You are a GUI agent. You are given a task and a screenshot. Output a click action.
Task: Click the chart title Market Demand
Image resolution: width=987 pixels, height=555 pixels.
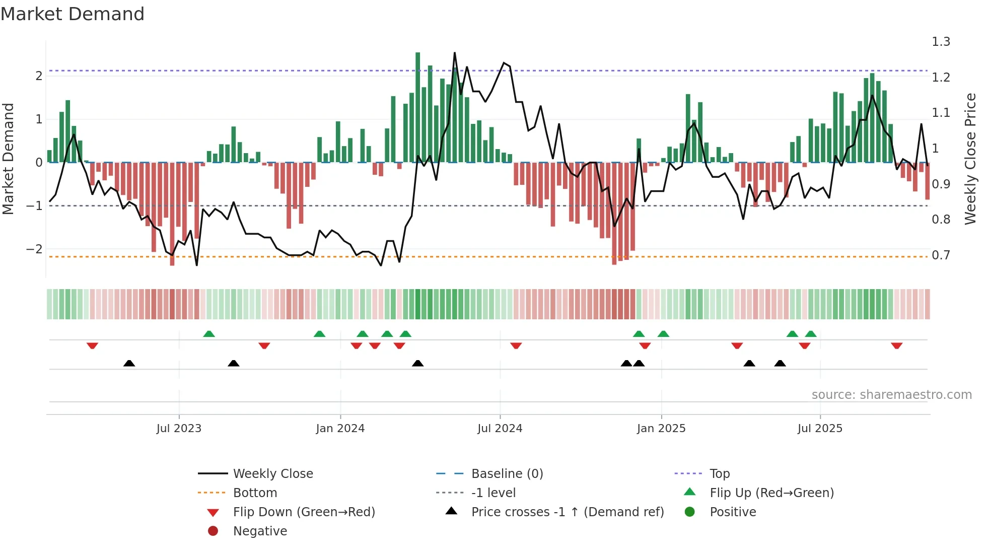[x=73, y=14]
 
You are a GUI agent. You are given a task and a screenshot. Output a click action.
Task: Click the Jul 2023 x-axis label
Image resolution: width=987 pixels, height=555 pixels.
[x=179, y=429]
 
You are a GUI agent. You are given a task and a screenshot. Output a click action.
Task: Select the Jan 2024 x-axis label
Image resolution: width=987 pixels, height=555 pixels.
[x=340, y=429]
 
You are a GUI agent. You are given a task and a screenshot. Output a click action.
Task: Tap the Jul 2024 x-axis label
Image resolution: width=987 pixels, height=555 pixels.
[x=500, y=429]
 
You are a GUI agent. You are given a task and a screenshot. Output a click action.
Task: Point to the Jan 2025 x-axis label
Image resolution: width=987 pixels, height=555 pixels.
[x=661, y=429]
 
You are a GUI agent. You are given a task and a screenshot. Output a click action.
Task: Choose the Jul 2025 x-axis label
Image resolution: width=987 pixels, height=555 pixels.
[x=820, y=429]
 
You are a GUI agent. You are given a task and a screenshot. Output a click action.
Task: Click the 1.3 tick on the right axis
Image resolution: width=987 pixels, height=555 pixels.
[x=941, y=42]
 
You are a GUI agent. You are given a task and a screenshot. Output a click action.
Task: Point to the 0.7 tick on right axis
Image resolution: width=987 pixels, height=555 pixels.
[x=941, y=255]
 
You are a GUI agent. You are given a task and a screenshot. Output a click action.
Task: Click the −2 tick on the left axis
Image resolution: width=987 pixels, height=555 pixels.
[x=34, y=249]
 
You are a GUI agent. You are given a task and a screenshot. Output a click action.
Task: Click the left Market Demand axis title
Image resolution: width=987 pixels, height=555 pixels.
[x=8, y=159]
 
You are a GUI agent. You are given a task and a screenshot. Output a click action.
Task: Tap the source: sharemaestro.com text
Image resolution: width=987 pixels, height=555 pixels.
[x=891, y=395]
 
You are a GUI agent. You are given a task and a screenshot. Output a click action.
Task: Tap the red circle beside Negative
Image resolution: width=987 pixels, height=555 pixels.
[x=213, y=531]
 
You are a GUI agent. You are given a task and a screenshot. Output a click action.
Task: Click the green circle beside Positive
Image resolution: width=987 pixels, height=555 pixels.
[x=690, y=512]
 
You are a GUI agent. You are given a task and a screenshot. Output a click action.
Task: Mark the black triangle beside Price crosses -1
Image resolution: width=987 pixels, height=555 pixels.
[x=452, y=511]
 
